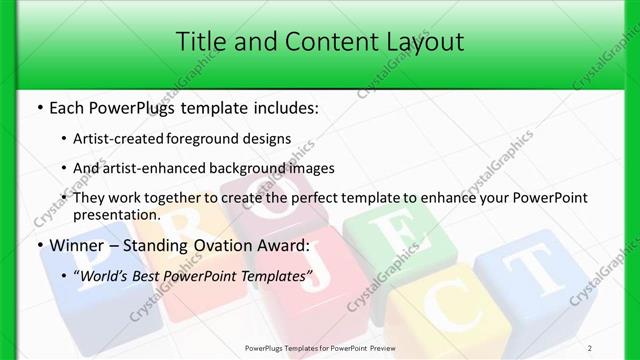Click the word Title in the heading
tap(199, 41)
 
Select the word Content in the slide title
tap(315, 41)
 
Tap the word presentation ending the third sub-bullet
tap(116, 214)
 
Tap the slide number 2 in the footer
tap(618, 347)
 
